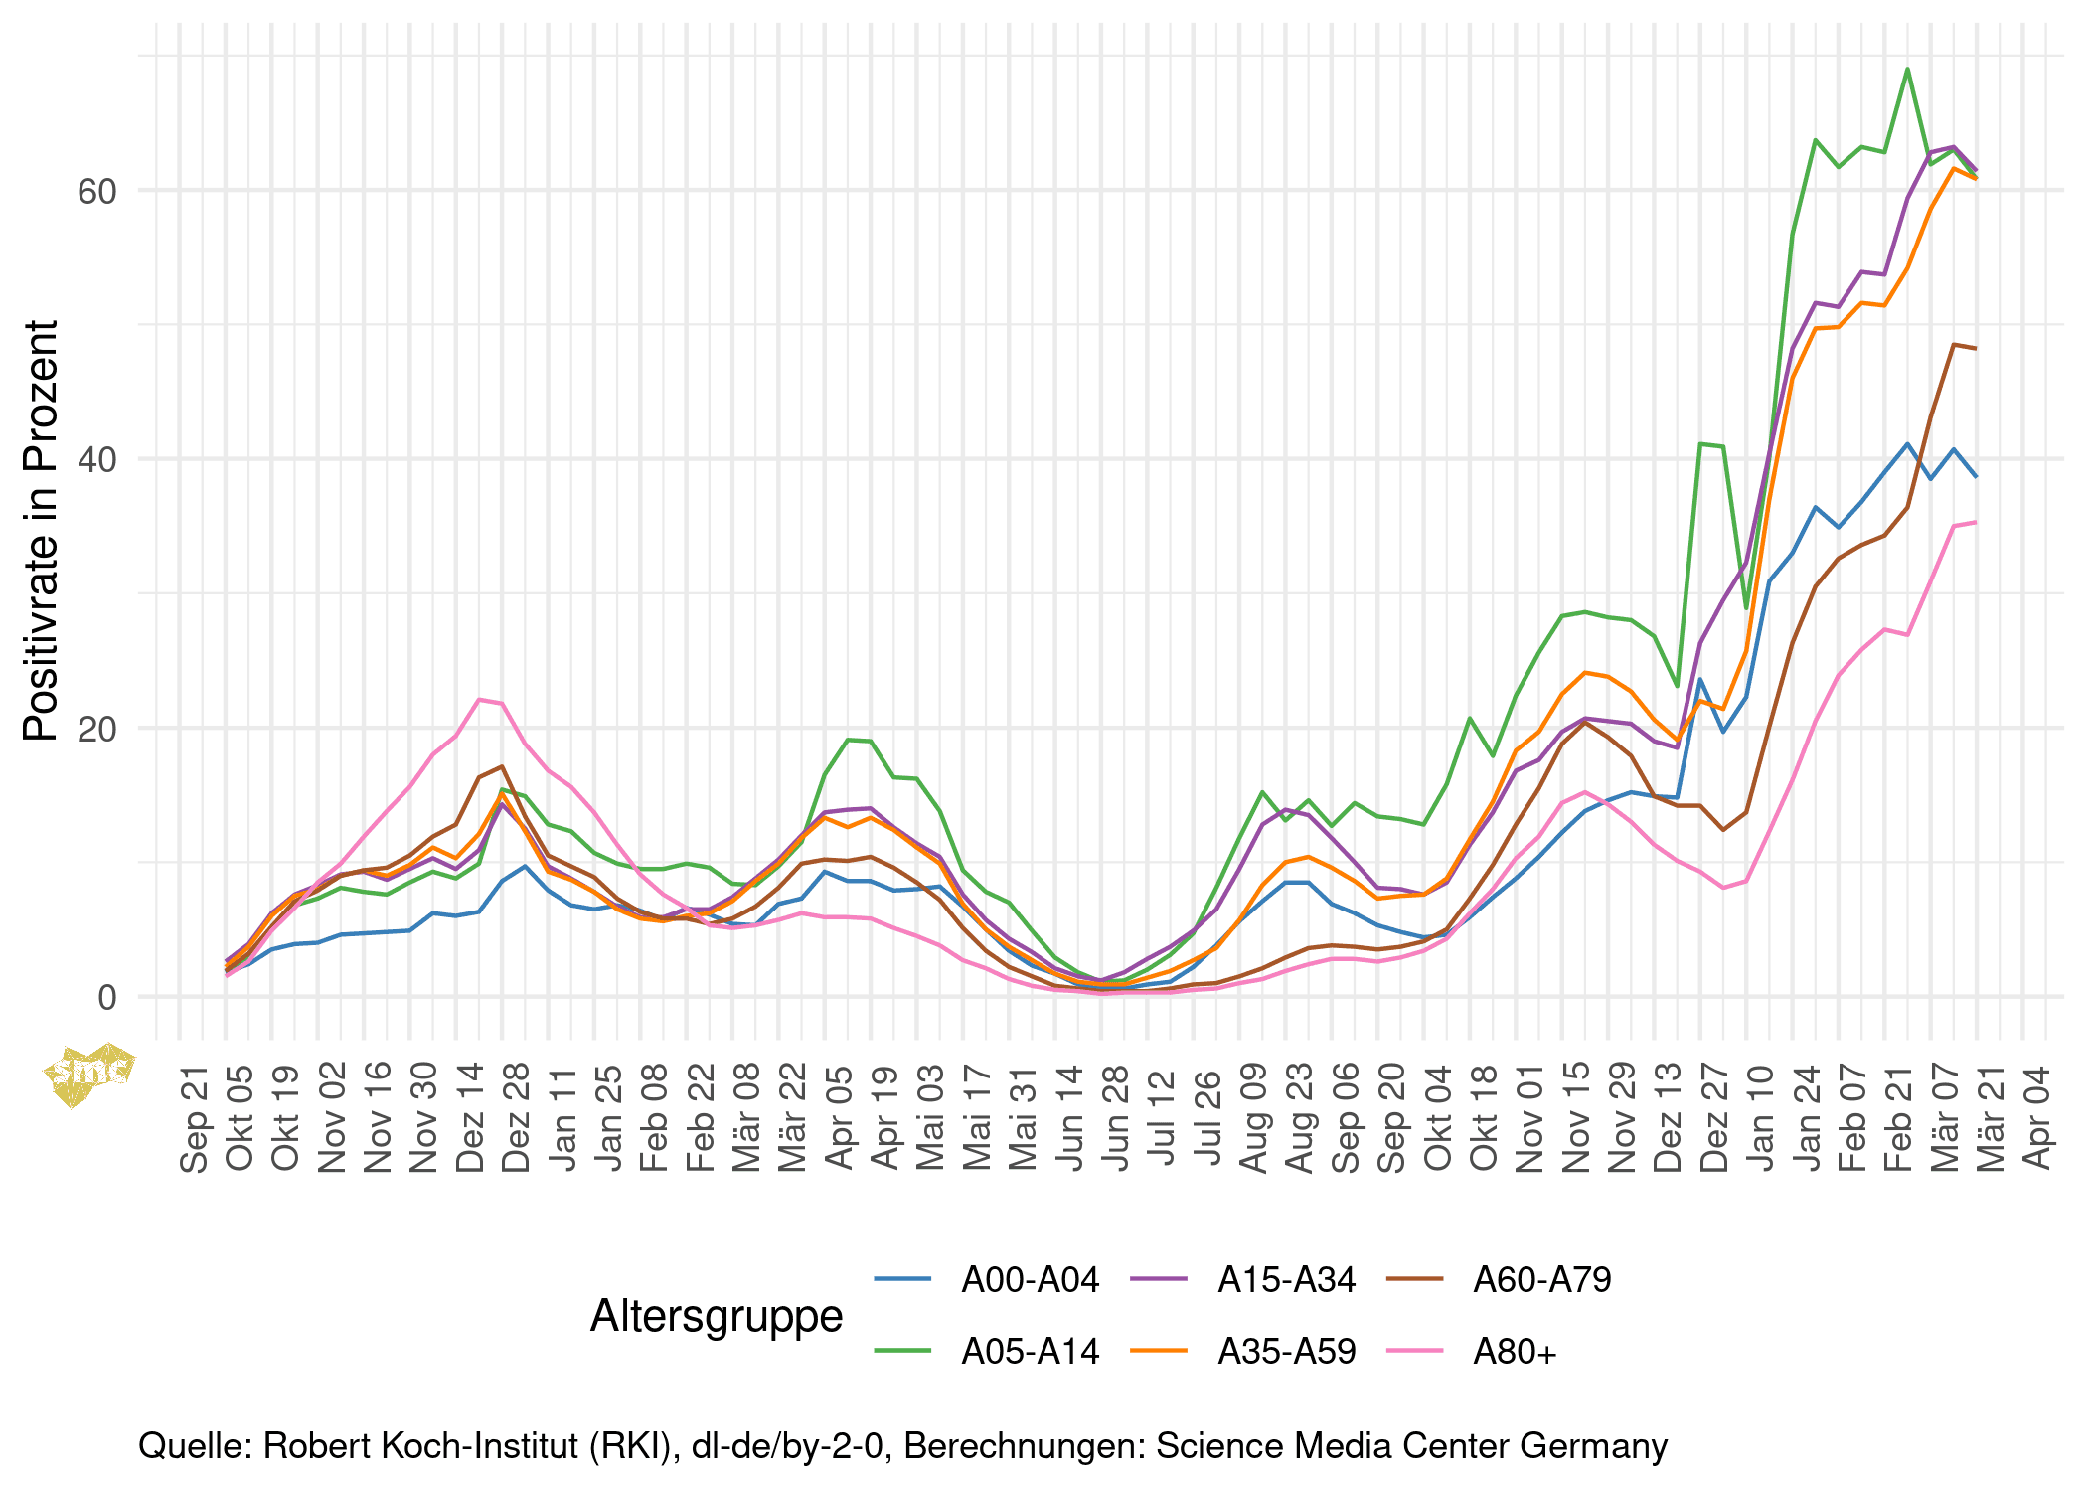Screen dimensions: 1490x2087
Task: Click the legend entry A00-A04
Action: [1030, 1280]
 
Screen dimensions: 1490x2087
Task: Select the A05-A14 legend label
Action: [1030, 1352]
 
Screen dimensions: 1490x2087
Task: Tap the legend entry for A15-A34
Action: [1286, 1280]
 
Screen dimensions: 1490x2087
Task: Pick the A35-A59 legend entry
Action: [1286, 1352]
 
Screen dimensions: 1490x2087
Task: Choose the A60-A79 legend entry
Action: [1541, 1280]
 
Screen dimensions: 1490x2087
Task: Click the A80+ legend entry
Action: [1515, 1352]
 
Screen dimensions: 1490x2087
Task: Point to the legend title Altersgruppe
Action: [717, 1316]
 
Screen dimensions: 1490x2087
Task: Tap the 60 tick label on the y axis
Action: [97, 191]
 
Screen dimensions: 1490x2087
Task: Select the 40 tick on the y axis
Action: [97, 459]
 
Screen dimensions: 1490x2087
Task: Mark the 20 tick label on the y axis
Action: [97, 729]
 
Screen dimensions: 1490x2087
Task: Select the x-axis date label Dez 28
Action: [518, 1118]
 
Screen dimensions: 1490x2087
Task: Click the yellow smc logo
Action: [89, 1072]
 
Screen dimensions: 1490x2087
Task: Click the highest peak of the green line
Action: [1907, 69]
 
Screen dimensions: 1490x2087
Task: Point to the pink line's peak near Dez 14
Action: [480, 699]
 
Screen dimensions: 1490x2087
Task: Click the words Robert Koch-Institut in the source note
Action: [422, 1446]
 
